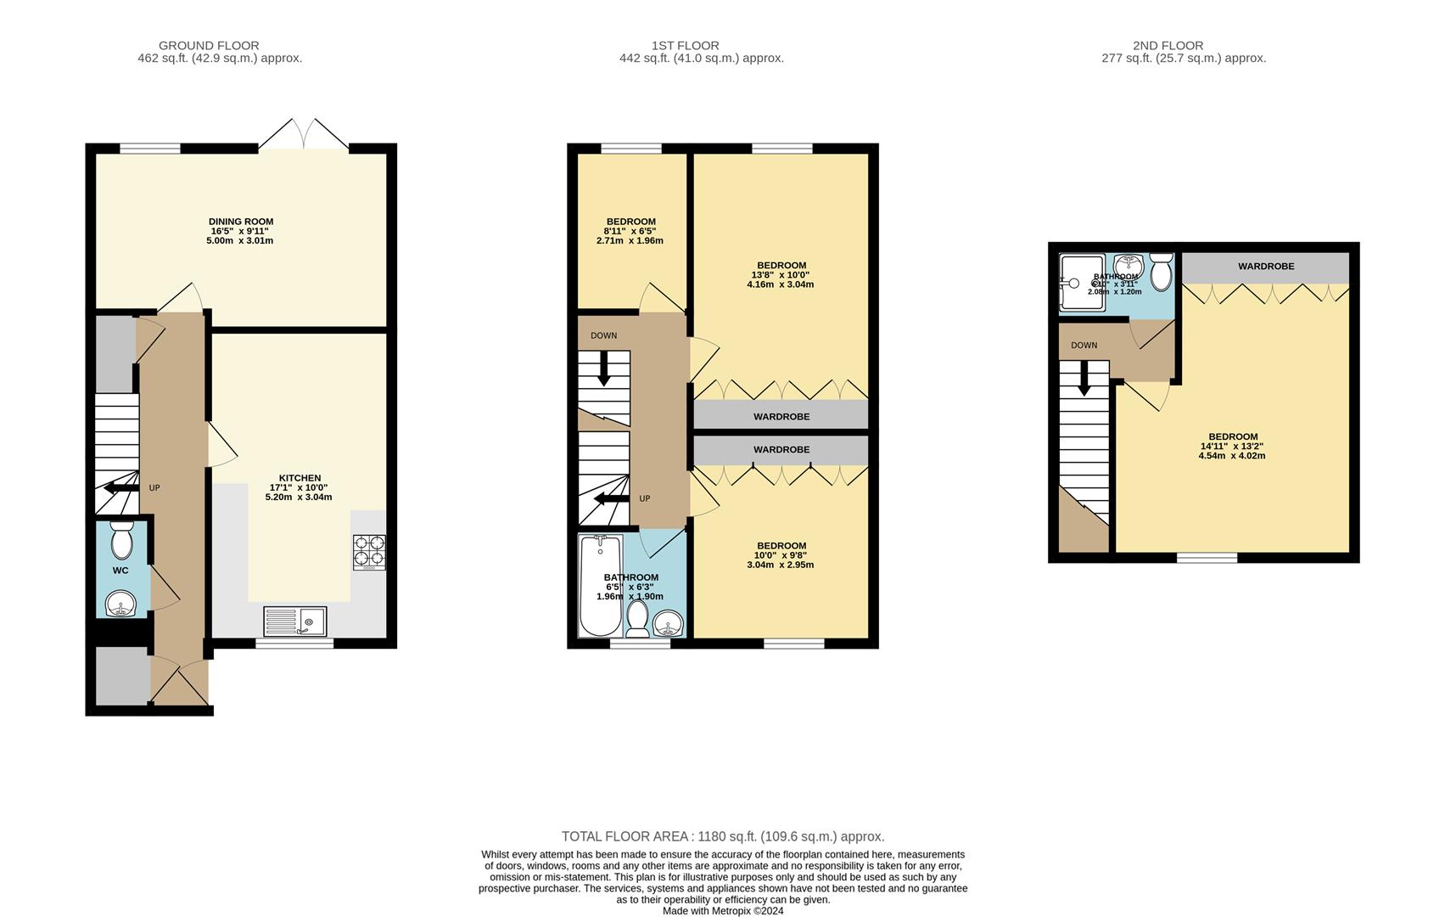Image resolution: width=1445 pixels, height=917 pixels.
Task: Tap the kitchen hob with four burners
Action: click(x=369, y=551)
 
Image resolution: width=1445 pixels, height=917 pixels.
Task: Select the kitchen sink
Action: click(x=294, y=622)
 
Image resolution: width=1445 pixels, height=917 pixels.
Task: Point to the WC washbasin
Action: click(x=121, y=605)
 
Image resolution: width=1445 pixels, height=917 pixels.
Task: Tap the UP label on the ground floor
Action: click(x=154, y=488)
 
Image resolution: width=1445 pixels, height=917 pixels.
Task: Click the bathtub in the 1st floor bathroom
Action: click(x=600, y=586)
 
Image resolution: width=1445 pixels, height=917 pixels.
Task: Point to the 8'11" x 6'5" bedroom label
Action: click(x=630, y=231)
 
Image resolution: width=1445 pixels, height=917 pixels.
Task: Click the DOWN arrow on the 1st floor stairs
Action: click(x=604, y=369)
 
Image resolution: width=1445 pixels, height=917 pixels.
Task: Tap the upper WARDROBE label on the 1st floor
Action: click(x=781, y=417)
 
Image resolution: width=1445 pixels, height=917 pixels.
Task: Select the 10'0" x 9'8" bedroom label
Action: click(x=781, y=555)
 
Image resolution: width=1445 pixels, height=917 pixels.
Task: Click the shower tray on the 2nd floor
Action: click(x=1081, y=282)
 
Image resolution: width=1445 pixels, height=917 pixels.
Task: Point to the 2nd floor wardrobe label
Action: click(x=1266, y=267)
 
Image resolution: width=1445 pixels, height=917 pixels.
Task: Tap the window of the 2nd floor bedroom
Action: click(x=1207, y=558)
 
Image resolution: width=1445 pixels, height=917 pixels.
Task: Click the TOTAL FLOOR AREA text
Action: click(x=723, y=836)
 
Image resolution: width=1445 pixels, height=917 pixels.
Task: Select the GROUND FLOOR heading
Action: click(x=209, y=46)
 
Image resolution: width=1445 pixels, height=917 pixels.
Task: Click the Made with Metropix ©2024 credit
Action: click(x=723, y=911)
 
